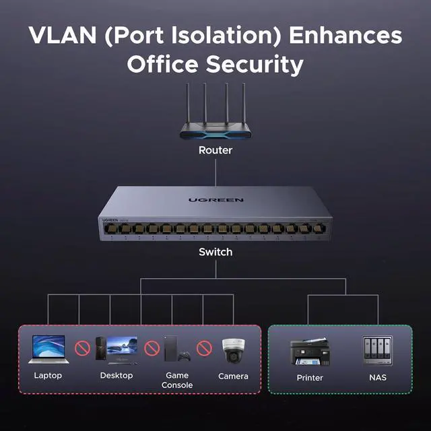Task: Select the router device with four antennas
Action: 215,118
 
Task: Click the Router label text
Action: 215,150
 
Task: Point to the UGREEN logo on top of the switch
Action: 215,200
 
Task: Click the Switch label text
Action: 215,252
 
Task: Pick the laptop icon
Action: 48,349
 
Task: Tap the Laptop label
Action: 48,375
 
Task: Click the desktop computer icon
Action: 117,349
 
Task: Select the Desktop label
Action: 117,375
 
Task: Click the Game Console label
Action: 177,380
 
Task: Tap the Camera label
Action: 233,376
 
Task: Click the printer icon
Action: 310,352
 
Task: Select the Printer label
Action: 310,378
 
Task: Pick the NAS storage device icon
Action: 377,350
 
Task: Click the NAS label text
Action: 377,378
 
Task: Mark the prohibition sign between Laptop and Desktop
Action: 82,349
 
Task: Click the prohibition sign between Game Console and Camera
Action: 204,349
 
